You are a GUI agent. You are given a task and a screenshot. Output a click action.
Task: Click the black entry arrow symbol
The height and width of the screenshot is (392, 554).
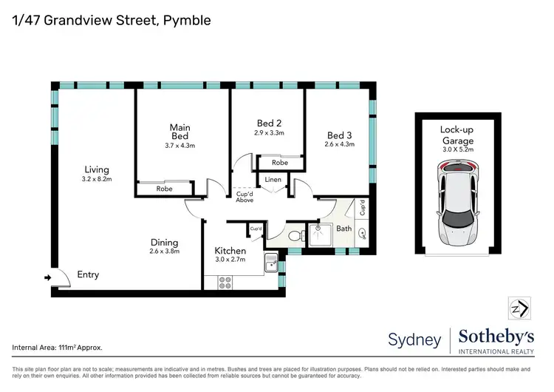point(49,278)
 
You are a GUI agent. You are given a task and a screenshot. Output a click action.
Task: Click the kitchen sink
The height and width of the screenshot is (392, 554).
point(270,262)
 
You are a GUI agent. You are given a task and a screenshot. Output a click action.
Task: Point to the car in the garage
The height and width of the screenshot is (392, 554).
point(458,206)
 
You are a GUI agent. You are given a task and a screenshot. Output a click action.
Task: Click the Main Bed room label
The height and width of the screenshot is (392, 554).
point(179,132)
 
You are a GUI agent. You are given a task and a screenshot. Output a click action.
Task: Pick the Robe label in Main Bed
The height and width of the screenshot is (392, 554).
point(164,189)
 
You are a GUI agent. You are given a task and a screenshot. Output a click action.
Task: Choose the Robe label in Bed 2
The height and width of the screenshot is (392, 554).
point(279,163)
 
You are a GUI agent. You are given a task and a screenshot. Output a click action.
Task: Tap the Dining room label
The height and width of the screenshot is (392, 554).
point(164,242)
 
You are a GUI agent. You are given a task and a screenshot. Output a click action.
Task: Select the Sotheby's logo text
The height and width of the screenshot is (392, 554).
point(496,336)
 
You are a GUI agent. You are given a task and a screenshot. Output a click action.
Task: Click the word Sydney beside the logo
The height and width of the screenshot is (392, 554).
point(414,339)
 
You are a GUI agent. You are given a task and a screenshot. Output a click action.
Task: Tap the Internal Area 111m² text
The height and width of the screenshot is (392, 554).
point(57,347)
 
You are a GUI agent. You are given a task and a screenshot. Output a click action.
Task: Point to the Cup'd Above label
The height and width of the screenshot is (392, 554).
point(245,197)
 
